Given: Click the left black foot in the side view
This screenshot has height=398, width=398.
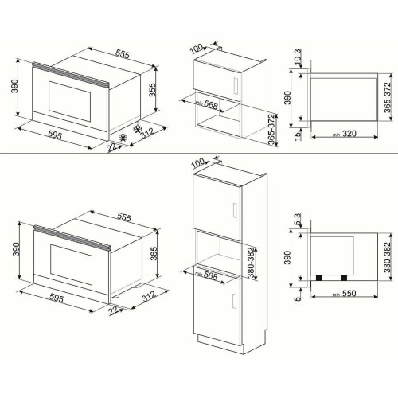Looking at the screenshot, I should click(x=322, y=278).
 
